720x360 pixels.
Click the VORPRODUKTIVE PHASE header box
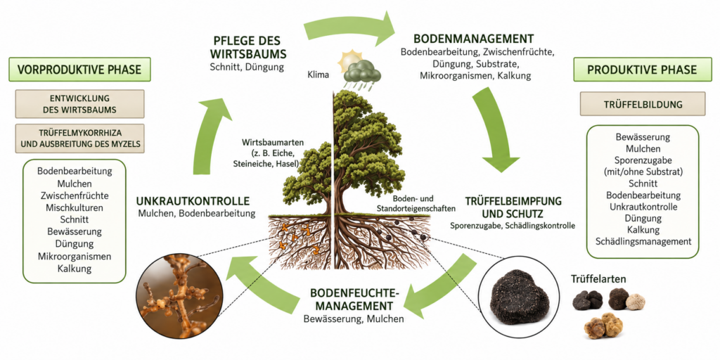(79, 70)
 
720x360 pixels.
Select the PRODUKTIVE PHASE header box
(642, 70)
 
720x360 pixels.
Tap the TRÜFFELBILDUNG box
(642, 104)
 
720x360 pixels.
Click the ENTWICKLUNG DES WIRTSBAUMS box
(79, 104)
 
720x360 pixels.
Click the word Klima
(319, 75)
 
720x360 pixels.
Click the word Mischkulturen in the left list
(75, 207)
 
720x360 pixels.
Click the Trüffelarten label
(598, 278)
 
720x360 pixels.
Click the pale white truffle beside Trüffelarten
(636, 302)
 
